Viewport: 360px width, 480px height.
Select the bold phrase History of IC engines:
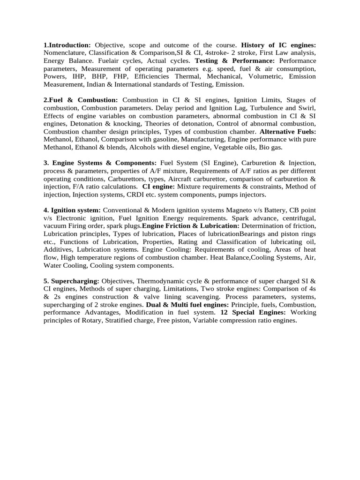(278, 45)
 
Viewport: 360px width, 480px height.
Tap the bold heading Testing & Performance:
(235, 61)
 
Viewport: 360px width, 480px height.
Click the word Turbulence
(262, 108)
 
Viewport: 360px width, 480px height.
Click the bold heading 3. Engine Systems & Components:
(100, 163)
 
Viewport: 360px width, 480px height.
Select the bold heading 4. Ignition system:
(72, 210)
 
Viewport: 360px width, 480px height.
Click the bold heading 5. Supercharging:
(71, 281)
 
